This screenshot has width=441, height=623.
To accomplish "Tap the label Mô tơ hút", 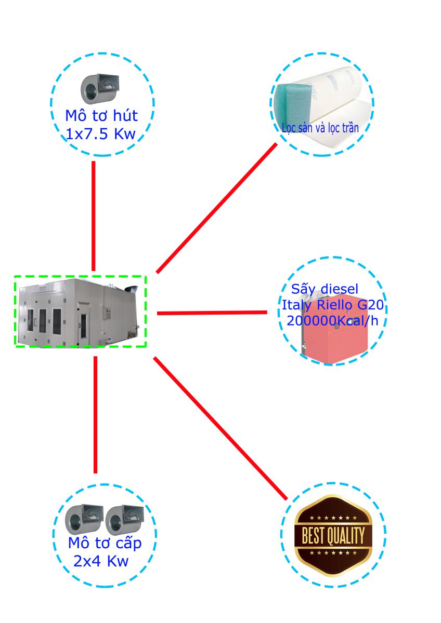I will coord(101,115).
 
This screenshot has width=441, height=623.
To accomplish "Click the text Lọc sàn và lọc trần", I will coord(320,127).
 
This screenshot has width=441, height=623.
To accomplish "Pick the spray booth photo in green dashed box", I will coord(80,311).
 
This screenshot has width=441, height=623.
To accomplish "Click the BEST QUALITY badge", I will coord(333,535).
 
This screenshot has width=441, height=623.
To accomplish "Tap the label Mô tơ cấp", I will coord(105,544).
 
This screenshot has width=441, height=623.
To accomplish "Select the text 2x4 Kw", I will coord(101,562).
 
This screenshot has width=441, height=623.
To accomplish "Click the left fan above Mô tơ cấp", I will coord(83,520).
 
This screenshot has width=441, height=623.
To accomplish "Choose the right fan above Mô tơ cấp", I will coord(123,520).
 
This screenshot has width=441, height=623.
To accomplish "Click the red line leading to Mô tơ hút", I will coord(94,215).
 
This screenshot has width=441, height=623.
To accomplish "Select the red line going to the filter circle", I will coord(217,208).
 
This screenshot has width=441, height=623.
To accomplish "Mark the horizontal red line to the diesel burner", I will coord(212,313).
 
